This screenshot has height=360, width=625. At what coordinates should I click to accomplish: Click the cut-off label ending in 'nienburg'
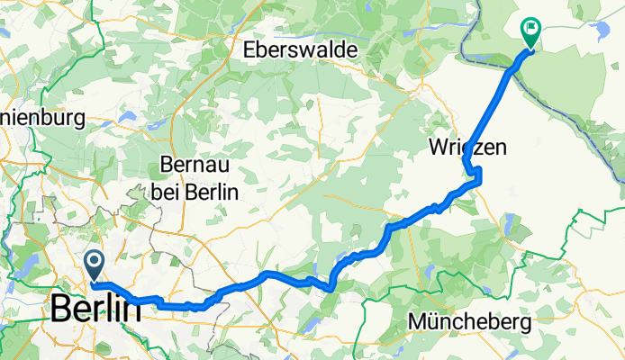point(41,117)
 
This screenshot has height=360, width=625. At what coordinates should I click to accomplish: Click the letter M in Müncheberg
point(418,320)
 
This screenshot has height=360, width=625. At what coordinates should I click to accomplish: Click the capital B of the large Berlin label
point(60,309)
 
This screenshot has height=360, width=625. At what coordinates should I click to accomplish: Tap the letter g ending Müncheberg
point(525,323)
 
